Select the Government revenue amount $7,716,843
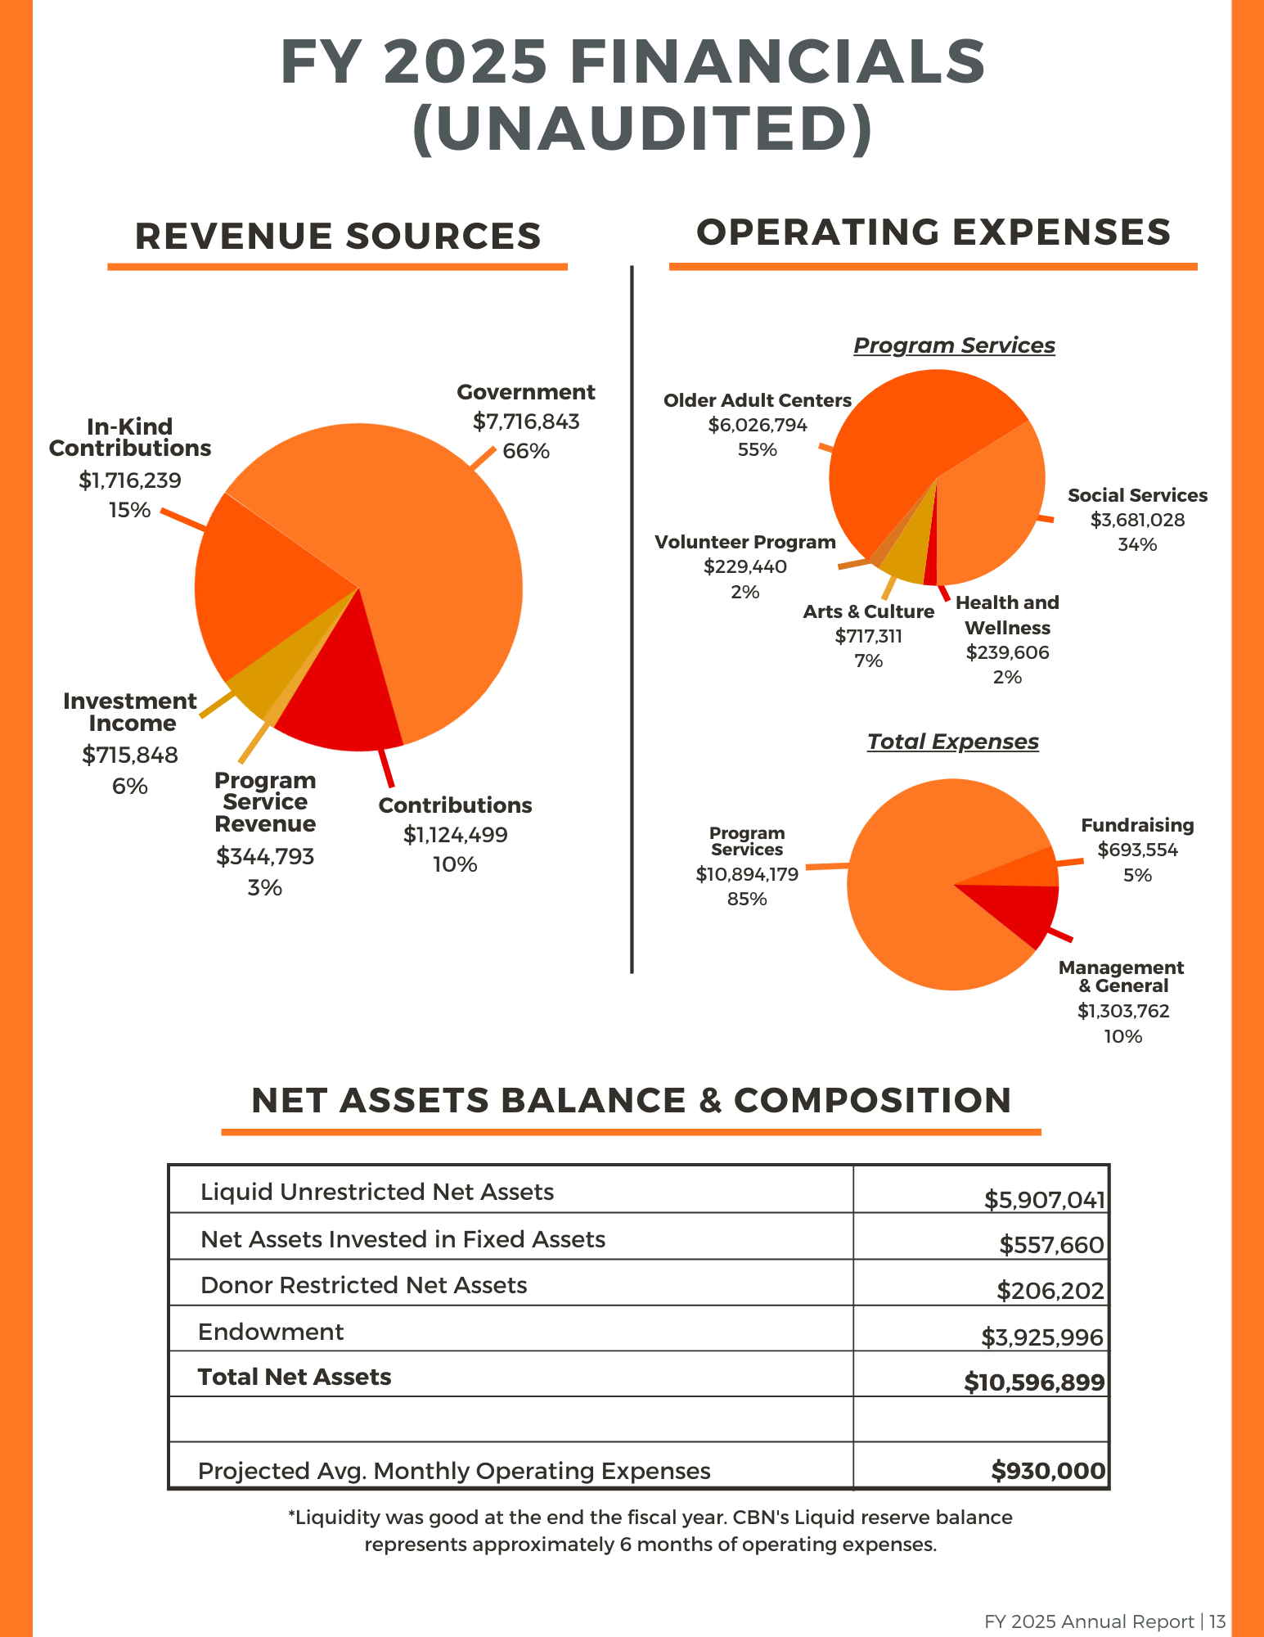click(526, 422)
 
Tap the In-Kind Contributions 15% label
click(130, 510)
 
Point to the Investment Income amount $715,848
click(130, 755)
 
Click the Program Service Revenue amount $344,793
click(265, 856)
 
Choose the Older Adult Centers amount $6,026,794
click(758, 425)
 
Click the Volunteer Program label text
click(745, 542)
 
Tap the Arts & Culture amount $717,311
click(869, 636)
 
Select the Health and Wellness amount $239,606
click(1007, 652)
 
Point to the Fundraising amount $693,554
click(1137, 850)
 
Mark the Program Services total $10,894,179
click(747, 874)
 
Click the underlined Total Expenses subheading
click(953, 742)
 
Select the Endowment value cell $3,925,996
click(1042, 1337)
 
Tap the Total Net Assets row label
click(295, 1377)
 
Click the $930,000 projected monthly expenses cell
click(1048, 1471)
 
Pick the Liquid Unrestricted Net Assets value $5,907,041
click(1044, 1200)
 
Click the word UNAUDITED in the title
click(643, 129)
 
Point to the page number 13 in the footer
click(1217, 1621)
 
